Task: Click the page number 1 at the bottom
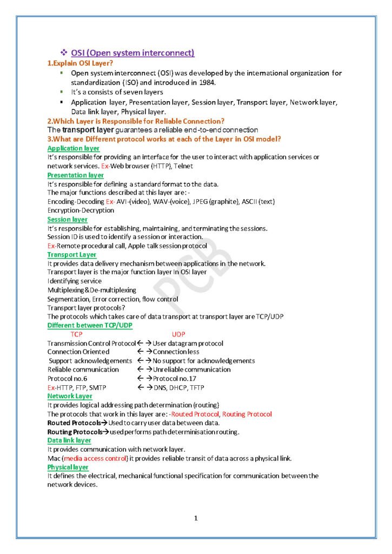click(196, 518)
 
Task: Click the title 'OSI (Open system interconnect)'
click(132, 52)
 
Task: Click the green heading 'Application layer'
click(73, 148)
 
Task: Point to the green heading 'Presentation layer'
click(75, 175)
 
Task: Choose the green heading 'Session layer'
click(67, 220)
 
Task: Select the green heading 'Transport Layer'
click(72, 254)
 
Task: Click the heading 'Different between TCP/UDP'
click(90, 325)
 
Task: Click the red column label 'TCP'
click(77, 334)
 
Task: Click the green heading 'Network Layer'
click(70, 396)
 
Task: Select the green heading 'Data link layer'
click(69, 440)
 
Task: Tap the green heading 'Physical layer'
click(68, 467)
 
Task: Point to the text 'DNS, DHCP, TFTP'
click(180, 387)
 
